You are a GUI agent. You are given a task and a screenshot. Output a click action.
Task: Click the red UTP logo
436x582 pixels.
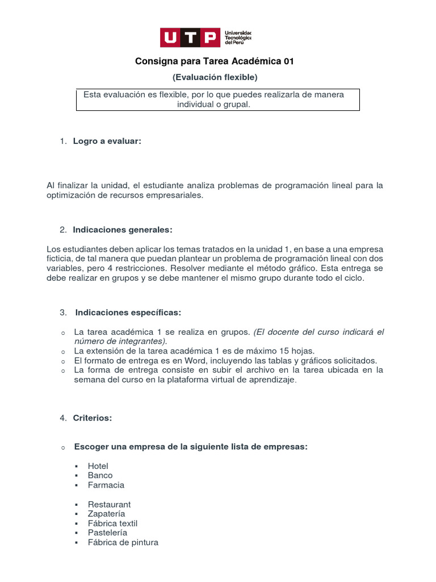(x=190, y=38)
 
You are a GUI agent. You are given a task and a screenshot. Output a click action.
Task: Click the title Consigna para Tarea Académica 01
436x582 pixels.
(x=215, y=61)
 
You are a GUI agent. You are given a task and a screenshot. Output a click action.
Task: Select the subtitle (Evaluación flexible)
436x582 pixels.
(x=215, y=77)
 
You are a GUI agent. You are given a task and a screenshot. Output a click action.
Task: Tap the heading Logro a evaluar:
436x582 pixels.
(x=107, y=141)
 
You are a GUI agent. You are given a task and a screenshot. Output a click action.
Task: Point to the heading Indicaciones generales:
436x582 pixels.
(x=122, y=230)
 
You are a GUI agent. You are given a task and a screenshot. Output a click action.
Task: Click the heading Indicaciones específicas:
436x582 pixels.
(x=128, y=313)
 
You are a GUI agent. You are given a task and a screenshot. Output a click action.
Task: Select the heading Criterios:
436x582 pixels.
(x=93, y=418)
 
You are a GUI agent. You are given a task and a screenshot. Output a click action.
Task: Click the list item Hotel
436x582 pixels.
(x=98, y=466)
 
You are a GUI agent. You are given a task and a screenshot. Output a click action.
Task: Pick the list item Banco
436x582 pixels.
(x=100, y=475)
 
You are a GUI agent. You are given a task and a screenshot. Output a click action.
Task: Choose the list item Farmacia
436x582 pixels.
(x=106, y=485)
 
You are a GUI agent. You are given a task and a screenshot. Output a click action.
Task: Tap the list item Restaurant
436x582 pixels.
(x=110, y=504)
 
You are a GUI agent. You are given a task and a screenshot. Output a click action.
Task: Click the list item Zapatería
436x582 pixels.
(x=107, y=514)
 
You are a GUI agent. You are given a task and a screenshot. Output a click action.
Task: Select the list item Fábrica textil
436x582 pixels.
(x=113, y=523)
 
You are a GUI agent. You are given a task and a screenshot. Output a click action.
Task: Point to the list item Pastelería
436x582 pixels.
(x=108, y=533)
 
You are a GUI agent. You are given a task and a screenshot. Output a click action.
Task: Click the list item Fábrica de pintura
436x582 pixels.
(x=123, y=542)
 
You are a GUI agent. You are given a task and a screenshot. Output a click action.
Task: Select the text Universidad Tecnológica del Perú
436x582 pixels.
(x=238, y=38)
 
